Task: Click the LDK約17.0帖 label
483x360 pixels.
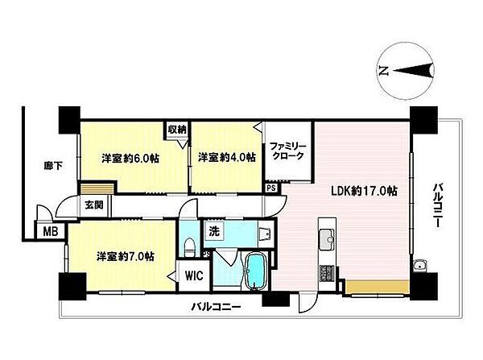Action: tap(364, 191)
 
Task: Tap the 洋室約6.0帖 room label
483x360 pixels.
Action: tap(130, 159)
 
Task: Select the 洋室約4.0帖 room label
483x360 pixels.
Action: tap(227, 158)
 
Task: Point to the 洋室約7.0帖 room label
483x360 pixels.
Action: tap(126, 256)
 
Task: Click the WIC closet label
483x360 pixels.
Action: tap(194, 275)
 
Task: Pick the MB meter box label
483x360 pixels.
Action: tap(51, 231)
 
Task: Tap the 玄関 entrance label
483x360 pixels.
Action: tap(94, 205)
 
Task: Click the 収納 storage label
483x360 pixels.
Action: tap(177, 130)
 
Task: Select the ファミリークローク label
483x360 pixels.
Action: tap(287, 151)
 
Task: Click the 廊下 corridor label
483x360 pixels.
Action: tap(53, 167)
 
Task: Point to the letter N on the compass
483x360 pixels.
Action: tap(383, 72)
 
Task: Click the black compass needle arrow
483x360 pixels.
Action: tap(413, 72)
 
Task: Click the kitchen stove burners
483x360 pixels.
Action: tap(327, 273)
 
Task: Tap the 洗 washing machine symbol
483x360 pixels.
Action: tap(214, 230)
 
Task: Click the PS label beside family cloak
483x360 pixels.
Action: tap(271, 188)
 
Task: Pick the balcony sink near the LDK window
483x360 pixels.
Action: tap(419, 265)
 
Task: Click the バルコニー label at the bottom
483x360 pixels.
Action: tap(217, 307)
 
